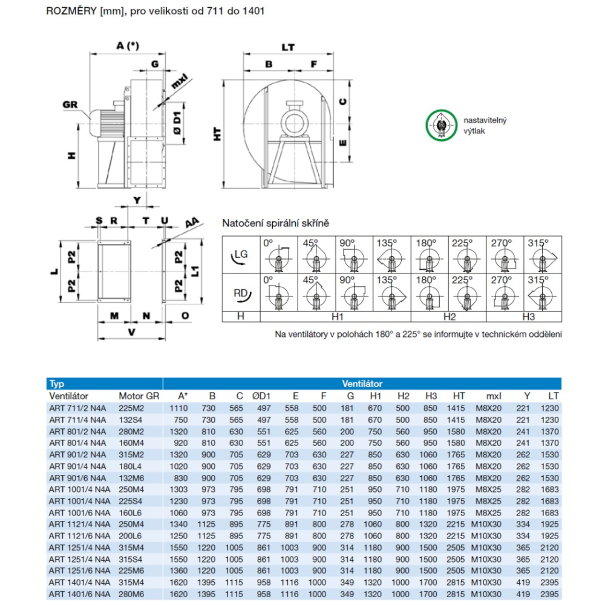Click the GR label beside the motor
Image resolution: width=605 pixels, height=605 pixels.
tap(71, 104)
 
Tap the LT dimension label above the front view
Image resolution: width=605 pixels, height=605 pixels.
tap(289, 46)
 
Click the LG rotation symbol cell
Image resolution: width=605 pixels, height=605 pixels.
tap(241, 255)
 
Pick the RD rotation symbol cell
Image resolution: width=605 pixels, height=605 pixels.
tap(241, 293)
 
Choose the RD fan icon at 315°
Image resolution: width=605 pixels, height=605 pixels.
tap(542, 294)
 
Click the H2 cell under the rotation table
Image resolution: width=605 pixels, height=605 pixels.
tap(449, 316)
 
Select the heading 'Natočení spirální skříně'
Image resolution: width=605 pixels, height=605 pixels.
tap(276, 223)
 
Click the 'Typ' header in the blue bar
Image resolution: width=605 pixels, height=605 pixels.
tap(57, 384)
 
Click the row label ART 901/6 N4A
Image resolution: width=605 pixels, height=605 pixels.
tap(79, 477)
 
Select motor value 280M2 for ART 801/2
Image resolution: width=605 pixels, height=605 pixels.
tap(132, 431)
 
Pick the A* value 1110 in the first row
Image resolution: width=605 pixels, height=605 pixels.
tap(180, 408)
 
